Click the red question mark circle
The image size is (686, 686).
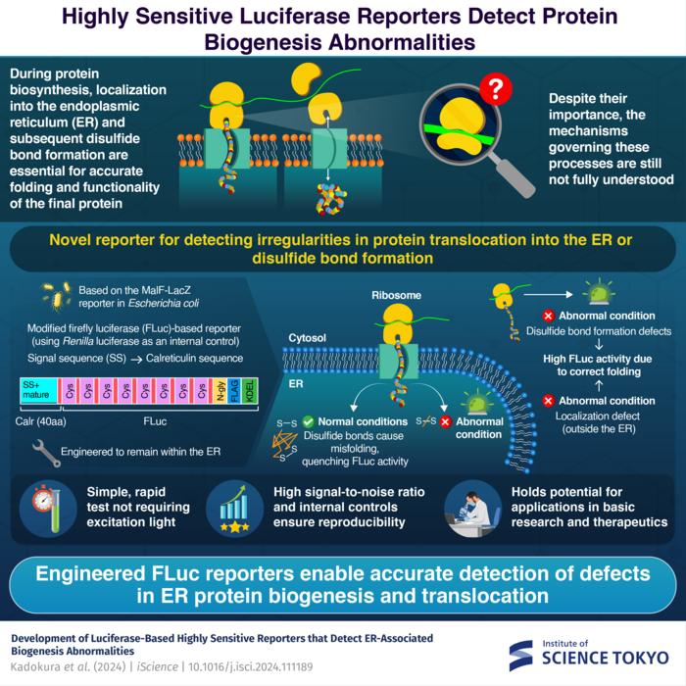click(497, 91)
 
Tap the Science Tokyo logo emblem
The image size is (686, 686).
click(520, 656)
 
